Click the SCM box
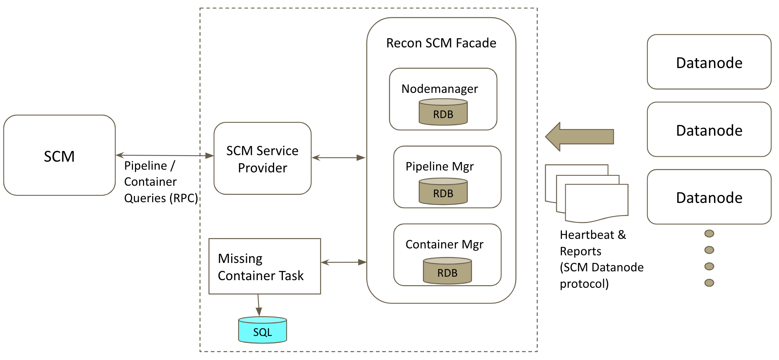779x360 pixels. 59,155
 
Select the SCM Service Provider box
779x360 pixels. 262,158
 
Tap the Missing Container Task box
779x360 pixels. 265,266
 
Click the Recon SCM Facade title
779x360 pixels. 441,43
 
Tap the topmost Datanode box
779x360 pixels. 709,62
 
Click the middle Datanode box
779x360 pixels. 709,130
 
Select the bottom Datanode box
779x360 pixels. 709,197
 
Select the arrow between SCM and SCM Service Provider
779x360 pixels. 164,155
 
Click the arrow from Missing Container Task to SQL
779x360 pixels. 259,305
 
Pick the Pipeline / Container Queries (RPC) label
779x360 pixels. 161,182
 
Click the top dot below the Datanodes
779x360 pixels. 709,234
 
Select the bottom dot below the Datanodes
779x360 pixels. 709,283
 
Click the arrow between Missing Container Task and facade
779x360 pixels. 344,262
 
